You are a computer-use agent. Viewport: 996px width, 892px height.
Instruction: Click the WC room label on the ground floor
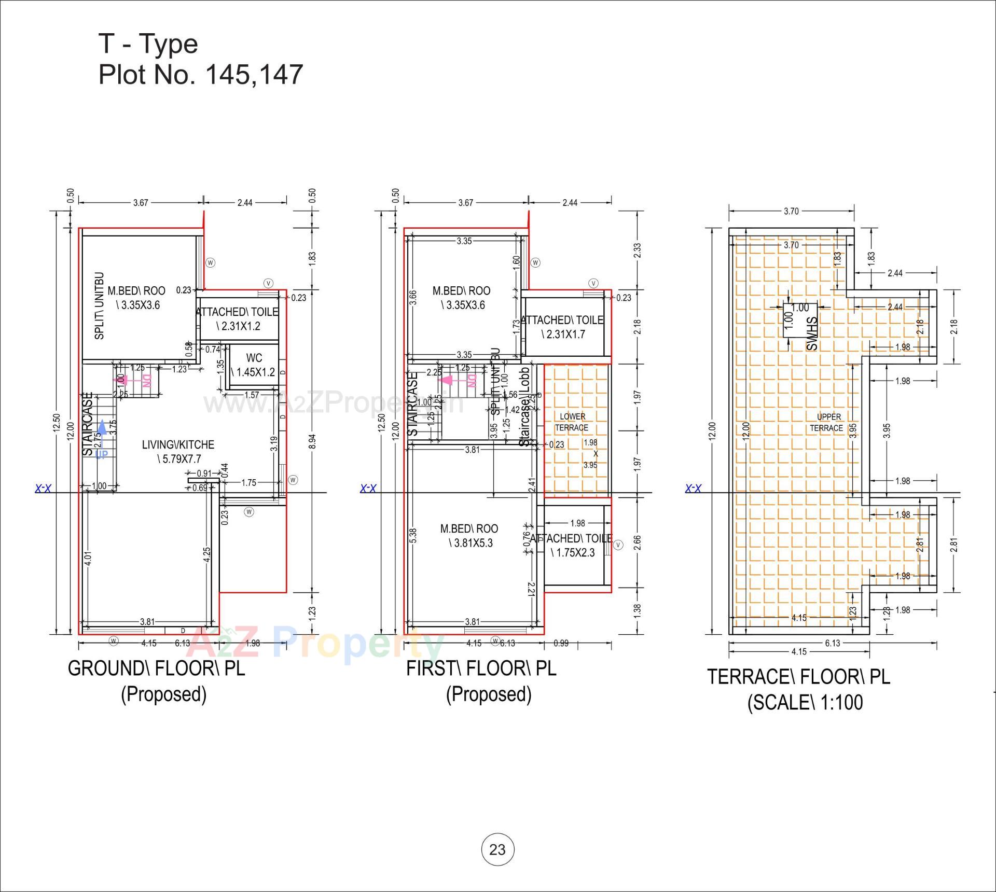tap(254, 365)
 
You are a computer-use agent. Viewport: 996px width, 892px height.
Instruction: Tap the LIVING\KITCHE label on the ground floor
tap(178, 451)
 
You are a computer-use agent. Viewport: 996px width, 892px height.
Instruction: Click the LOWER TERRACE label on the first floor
tap(572, 422)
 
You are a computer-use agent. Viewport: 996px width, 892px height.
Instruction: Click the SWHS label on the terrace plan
tap(812, 333)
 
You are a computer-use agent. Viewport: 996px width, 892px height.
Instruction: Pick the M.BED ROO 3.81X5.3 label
tap(469, 535)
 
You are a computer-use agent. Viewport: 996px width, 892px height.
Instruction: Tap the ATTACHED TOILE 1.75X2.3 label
tap(571, 545)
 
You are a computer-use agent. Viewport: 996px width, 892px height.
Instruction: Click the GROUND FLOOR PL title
tap(156, 668)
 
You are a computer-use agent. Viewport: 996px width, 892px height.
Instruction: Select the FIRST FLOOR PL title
tap(481, 668)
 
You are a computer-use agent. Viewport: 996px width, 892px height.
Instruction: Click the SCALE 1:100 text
tap(805, 703)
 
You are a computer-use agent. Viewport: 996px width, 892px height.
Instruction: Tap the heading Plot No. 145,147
tap(200, 74)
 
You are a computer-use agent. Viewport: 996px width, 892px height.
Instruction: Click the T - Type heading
tap(148, 44)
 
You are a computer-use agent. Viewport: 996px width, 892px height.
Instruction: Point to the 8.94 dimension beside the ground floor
tap(312, 441)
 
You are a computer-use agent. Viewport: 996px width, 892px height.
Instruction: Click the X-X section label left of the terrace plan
tap(693, 488)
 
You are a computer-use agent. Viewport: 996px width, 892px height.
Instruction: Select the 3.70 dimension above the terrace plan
tap(791, 211)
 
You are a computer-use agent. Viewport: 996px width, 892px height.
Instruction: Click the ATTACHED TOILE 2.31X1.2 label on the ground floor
tap(237, 318)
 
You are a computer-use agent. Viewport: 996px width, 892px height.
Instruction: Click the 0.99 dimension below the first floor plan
tap(561, 643)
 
